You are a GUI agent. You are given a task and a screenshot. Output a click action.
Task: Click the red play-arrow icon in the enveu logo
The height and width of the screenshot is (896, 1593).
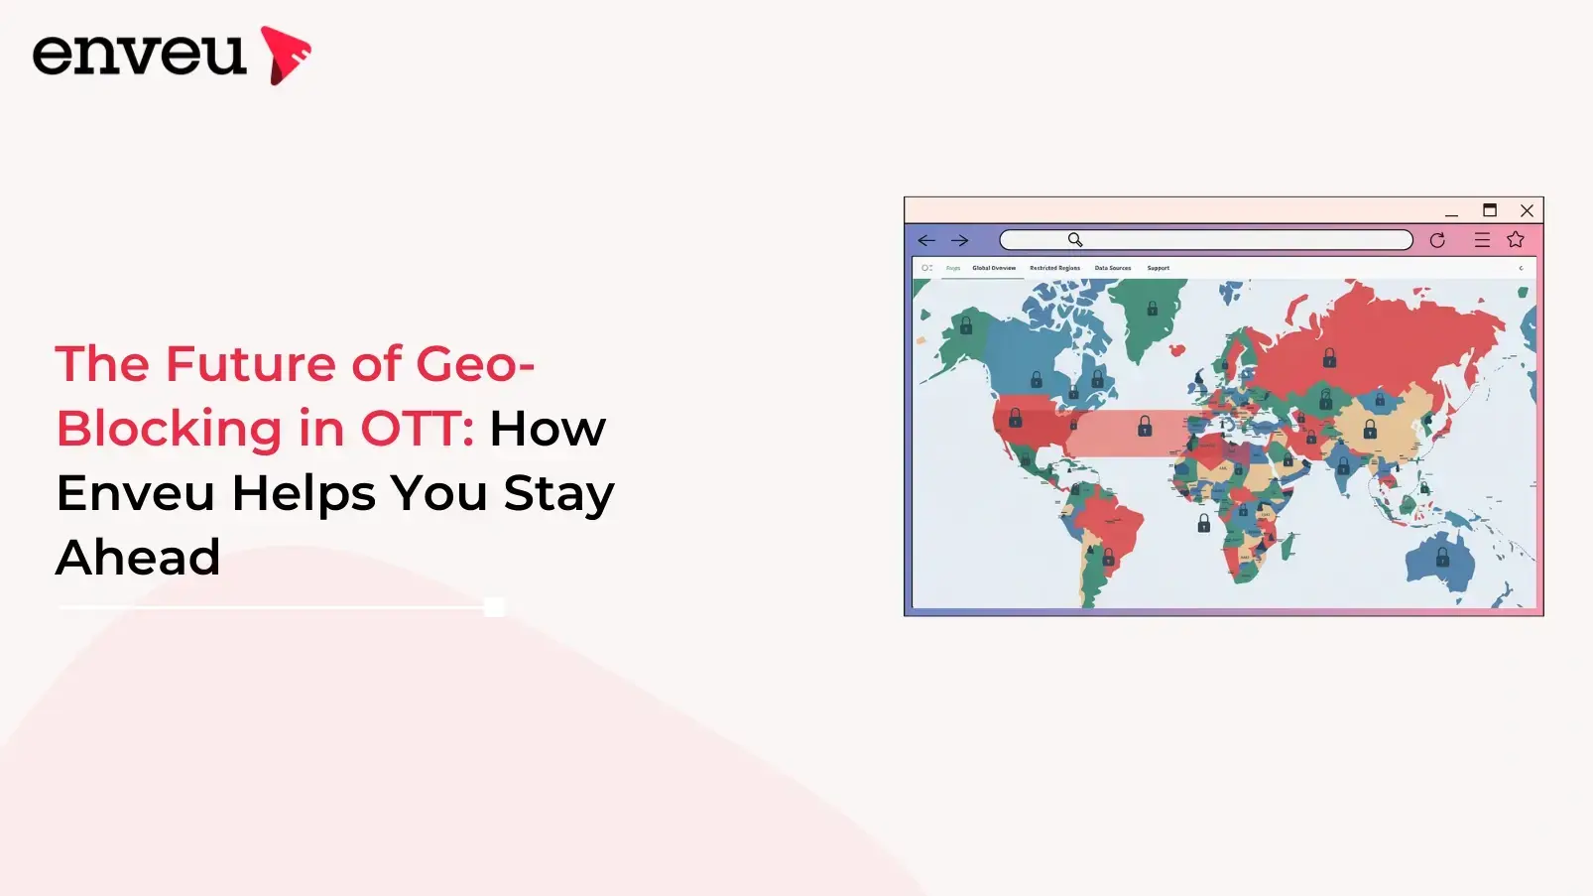point(285,55)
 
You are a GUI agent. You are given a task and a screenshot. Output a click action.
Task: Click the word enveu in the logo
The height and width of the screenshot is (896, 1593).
point(139,54)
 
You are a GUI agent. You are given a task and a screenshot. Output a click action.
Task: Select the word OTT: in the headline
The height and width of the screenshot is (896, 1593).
point(417,429)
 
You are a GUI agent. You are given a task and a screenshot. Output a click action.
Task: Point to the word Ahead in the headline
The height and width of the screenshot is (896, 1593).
point(138,557)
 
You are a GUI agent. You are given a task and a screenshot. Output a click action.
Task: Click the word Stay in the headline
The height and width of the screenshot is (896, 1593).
point(558,493)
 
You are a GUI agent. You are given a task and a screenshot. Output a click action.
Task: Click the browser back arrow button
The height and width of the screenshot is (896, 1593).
point(926,240)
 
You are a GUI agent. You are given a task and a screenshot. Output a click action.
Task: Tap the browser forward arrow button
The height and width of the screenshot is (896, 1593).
point(959,240)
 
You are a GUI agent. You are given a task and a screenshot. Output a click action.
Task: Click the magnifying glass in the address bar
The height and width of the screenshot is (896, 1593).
point(1075,240)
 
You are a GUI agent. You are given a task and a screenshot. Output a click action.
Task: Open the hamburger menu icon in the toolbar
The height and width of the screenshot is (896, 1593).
point(1482,240)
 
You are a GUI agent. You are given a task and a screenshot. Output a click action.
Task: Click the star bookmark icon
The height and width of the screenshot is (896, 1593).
point(1516,240)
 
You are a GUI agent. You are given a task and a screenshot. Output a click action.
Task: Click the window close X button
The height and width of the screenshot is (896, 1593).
point(1527,210)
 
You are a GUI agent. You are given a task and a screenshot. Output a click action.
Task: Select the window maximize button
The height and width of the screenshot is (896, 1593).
point(1490,210)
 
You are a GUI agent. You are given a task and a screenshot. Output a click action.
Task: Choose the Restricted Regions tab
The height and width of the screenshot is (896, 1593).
point(1054,268)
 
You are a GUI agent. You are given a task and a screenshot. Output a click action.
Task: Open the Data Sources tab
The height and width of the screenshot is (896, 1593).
point(1113,268)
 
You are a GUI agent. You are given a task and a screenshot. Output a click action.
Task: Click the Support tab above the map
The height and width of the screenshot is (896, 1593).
point(1159,268)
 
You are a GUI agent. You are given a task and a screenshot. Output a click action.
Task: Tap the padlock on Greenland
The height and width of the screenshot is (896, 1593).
point(1153,309)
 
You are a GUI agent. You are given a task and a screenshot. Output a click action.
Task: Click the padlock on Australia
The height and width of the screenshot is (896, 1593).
point(1443,558)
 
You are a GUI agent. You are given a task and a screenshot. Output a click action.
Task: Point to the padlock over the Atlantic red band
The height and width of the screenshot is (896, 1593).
point(1145,427)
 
